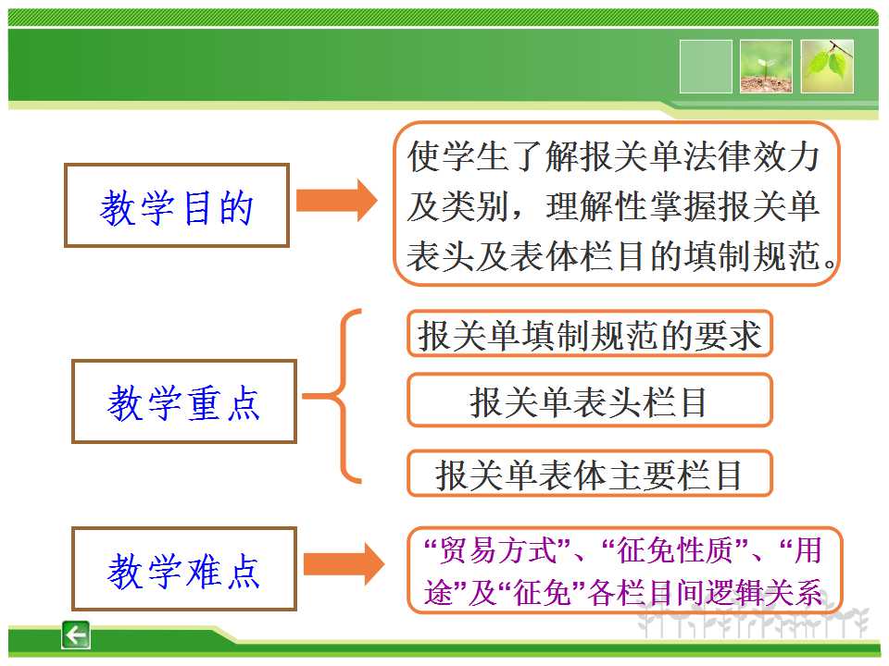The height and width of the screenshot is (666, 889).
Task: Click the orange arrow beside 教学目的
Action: tap(337, 200)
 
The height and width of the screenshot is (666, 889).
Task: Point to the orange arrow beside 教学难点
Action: tap(344, 564)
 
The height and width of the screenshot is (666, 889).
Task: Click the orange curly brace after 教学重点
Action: tap(342, 397)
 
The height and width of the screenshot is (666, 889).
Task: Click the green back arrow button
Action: tap(75, 635)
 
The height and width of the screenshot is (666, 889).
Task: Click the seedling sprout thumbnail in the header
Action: tap(766, 67)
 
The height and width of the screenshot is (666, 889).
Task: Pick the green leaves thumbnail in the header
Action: tap(827, 67)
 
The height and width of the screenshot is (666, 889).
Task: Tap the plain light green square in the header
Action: tap(706, 67)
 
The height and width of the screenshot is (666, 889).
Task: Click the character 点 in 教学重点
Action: tap(244, 402)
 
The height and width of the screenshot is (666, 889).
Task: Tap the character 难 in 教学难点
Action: tap(204, 571)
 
